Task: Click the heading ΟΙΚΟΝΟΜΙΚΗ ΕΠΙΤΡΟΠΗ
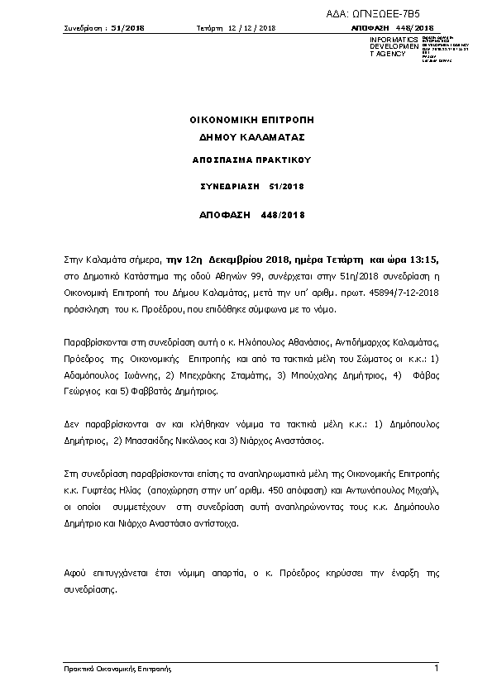click(x=251, y=120)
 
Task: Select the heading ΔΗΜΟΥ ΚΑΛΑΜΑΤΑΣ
click(x=252, y=136)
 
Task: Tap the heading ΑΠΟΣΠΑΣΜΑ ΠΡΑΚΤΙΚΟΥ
click(x=252, y=160)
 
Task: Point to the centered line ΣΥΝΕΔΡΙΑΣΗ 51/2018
click(x=252, y=187)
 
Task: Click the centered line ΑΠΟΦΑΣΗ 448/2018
click(x=252, y=215)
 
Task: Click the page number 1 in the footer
click(x=436, y=668)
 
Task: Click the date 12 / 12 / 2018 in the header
click(x=251, y=28)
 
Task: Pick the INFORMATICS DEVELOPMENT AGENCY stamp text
click(x=388, y=47)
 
